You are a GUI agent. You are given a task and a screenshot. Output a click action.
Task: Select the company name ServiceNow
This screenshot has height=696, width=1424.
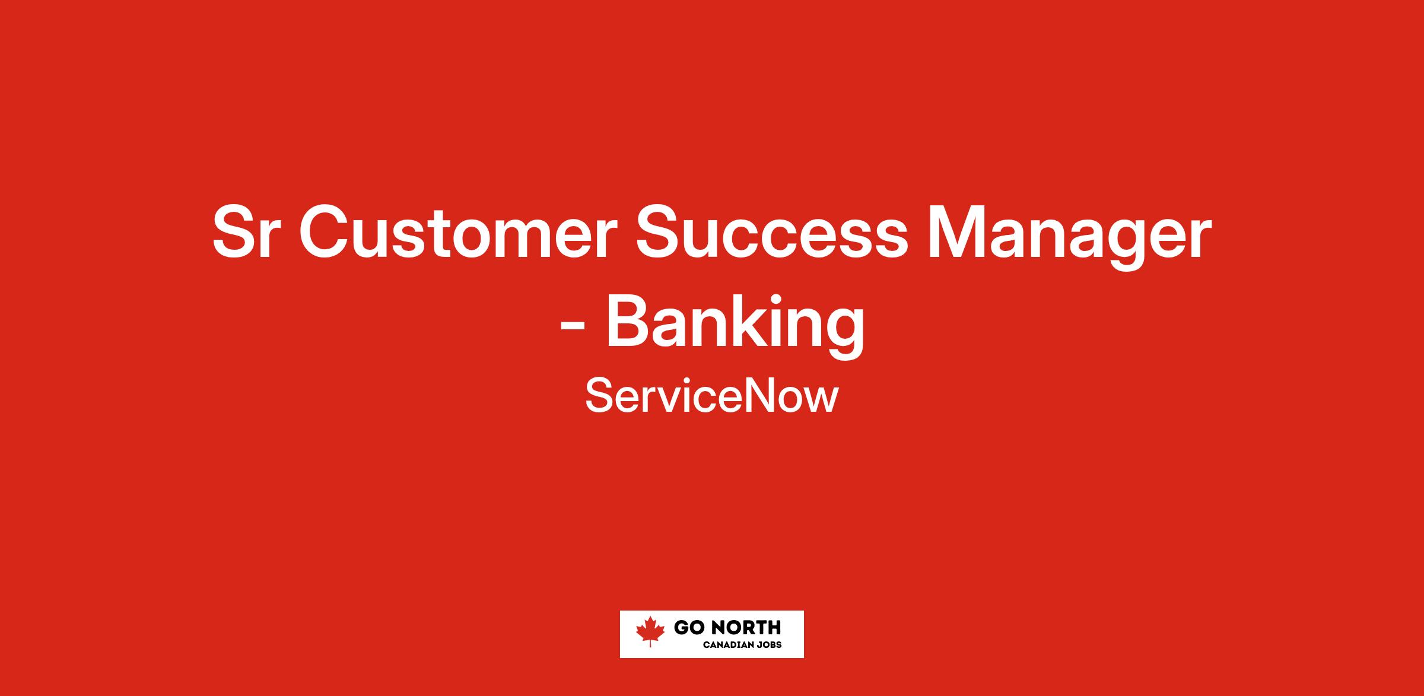pyautogui.click(x=712, y=396)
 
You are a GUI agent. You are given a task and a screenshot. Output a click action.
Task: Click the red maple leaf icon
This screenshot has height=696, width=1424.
pyautogui.click(x=650, y=631)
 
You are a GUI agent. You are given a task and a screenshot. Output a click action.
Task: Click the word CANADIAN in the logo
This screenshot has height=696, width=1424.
pyautogui.click(x=730, y=645)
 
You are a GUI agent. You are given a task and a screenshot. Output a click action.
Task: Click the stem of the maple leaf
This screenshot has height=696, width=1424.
pyautogui.click(x=650, y=643)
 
